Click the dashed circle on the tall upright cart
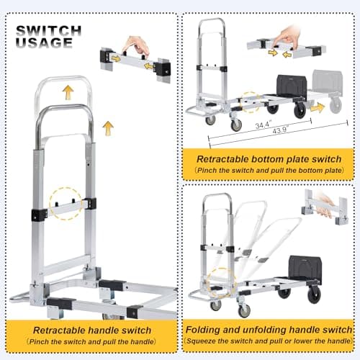click(x=63, y=204)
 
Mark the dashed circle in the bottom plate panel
click(x=251, y=102)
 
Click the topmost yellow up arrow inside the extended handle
click(x=67, y=91)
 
